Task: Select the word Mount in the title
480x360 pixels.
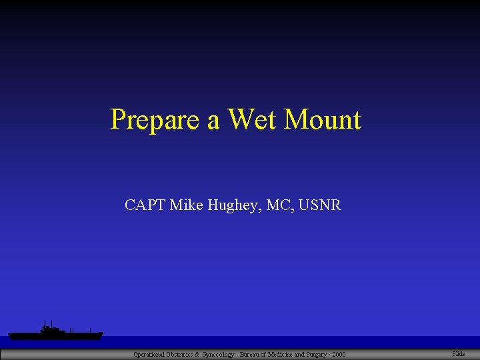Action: (323, 119)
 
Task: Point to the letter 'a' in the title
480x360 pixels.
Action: (214, 121)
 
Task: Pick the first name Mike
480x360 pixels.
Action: (184, 205)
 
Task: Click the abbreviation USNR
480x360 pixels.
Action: (320, 205)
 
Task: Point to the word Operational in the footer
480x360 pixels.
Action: (149, 354)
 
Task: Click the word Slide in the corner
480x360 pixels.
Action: (459, 353)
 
